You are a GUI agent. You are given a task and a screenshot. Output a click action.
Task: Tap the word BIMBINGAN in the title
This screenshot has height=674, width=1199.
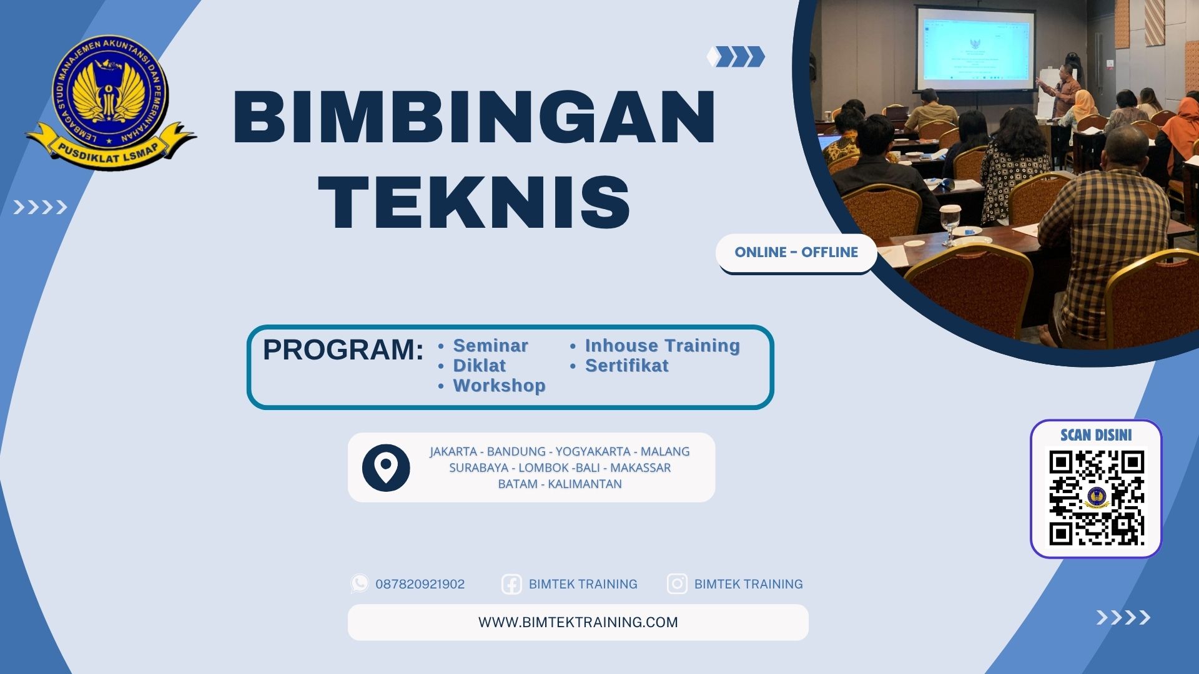pyautogui.click(x=475, y=117)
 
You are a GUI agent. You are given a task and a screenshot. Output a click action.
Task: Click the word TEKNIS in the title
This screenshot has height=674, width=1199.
pyautogui.click(x=475, y=202)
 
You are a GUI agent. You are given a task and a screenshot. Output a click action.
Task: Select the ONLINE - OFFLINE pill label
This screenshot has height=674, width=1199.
pyautogui.click(x=796, y=252)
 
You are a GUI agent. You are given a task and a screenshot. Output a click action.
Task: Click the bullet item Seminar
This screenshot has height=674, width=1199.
pyautogui.click(x=490, y=346)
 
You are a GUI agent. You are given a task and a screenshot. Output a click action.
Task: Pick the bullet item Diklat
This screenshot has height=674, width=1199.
pyautogui.click(x=479, y=366)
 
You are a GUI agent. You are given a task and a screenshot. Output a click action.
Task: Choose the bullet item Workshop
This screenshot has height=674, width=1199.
pyautogui.click(x=499, y=386)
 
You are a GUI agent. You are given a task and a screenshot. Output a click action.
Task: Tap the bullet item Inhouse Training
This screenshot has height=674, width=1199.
pyautogui.click(x=662, y=346)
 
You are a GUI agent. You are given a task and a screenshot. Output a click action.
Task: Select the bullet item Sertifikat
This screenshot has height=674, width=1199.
pyautogui.click(x=626, y=366)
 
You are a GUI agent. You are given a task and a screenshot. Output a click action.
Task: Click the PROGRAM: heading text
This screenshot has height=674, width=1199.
pyautogui.click(x=343, y=350)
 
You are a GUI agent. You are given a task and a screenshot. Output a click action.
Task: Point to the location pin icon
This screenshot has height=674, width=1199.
pyautogui.click(x=386, y=467)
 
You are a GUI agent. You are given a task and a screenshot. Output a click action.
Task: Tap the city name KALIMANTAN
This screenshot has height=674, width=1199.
pyautogui.click(x=585, y=484)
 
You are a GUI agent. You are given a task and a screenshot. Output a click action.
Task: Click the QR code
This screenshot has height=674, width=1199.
pyautogui.click(x=1096, y=497)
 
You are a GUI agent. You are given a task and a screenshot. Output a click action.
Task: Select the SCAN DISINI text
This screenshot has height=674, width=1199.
pyautogui.click(x=1096, y=435)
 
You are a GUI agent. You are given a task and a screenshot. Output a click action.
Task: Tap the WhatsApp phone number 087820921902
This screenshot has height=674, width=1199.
pyautogui.click(x=420, y=584)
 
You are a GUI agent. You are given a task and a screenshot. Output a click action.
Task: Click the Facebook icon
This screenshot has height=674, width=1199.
pyautogui.click(x=511, y=584)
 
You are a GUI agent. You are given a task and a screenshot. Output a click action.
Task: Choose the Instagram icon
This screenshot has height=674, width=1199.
pyautogui.click(x=677, y=584)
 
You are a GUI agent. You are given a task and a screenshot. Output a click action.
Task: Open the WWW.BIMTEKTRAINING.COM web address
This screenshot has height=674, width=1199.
pyautogui.click(x=578, y=622)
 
